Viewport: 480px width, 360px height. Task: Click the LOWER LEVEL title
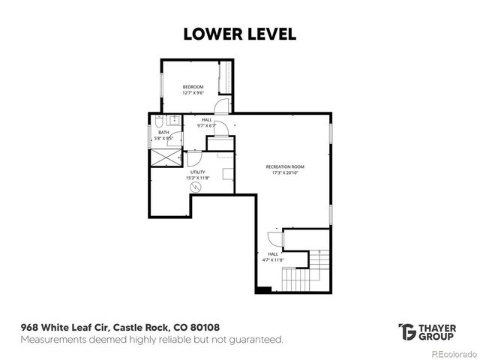coord(239,34)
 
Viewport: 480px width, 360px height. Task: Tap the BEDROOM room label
coord(193,87)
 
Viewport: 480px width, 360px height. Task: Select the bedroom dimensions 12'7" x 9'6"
coord(193,94)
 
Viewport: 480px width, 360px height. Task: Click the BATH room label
coord(163,132)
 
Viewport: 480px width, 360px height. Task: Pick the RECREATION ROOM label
coord(285,166)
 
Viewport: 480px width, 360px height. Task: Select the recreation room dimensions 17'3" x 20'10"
coord(285,172)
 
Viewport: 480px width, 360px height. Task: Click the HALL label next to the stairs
coord(273,253)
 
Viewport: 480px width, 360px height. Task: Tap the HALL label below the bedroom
coord(206,119)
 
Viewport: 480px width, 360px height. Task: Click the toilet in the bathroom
coord(159,121)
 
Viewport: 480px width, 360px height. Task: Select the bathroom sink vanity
coord(174,120)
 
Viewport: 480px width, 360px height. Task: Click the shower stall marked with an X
coord(166,156)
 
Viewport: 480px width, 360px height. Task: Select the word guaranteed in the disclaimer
coord(257,340)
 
